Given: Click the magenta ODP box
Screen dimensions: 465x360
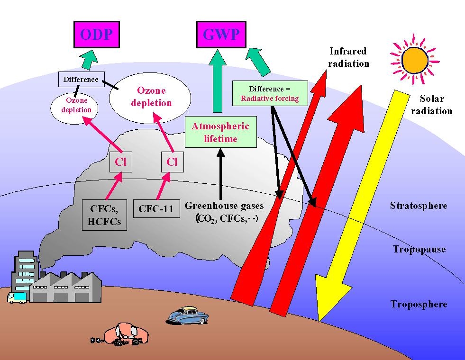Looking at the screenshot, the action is [97, 35].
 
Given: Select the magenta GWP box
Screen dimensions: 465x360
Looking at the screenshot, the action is [221, 35].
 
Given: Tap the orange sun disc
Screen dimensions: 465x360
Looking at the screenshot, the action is [415, 61].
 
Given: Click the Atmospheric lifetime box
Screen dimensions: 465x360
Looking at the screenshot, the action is [220, 132].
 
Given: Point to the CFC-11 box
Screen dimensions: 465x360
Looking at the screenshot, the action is [156, 208].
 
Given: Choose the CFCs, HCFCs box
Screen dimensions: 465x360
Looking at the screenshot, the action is [104, 215].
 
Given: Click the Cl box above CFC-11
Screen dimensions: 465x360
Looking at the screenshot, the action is [172, 162].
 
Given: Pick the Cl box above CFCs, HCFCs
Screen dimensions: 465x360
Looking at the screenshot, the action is [121, 162].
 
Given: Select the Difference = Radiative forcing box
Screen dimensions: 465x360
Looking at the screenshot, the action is [270, 93].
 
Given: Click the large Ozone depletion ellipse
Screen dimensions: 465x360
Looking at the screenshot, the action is [150, 97].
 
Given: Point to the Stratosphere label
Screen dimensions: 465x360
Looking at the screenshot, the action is [419, 205].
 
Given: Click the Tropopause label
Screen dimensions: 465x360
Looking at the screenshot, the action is [419, 249].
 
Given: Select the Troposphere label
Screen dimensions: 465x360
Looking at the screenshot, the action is [419, 304].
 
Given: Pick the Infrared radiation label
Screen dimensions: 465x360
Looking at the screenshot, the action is [349, 57].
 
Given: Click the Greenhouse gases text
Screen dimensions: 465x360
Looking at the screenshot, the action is [224, 206].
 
